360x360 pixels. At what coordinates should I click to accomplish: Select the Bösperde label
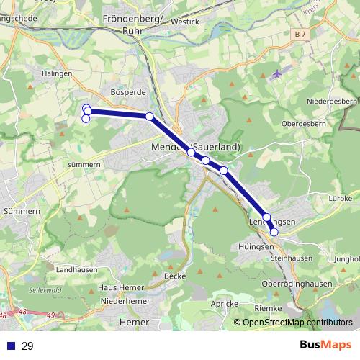point(128,93)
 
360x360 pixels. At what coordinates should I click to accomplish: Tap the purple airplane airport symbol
point(279,74)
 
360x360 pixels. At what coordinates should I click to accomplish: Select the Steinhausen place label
point(292,257)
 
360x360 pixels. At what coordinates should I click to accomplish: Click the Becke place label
point(175,276)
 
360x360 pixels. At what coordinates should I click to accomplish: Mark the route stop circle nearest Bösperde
point(149,116)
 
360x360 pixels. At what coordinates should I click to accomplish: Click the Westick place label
point(186,22)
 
